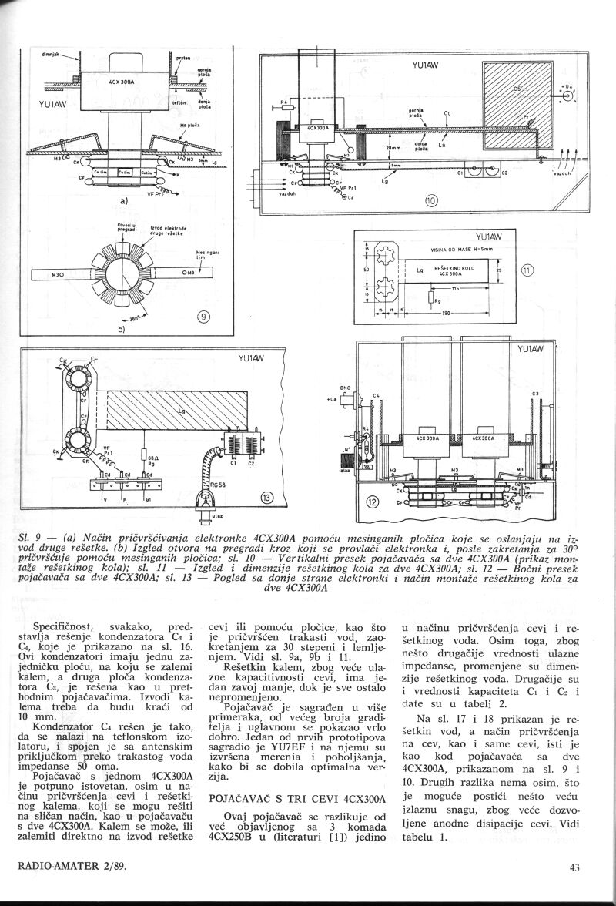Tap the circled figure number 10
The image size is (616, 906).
[431, 202]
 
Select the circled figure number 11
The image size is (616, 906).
[527, 270]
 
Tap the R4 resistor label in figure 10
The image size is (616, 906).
[283, 100]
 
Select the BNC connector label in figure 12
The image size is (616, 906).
[345, 389]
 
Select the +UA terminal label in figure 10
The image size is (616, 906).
[567, 87]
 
